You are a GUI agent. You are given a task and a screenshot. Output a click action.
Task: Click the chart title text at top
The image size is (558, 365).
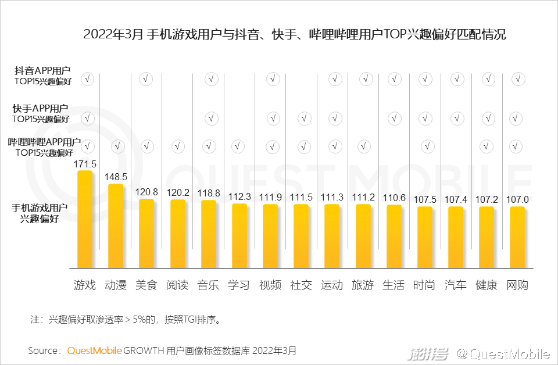(294, 34)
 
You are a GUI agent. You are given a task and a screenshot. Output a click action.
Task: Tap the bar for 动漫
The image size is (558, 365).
(116, 226)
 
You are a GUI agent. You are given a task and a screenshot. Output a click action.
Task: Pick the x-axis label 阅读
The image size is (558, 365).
(177, 285)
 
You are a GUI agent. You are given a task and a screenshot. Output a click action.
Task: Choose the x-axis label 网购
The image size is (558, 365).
(517, 285)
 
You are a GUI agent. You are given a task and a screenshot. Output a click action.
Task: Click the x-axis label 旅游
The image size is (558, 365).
(363, 285)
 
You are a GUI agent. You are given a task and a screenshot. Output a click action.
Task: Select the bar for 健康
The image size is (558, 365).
(487, 237)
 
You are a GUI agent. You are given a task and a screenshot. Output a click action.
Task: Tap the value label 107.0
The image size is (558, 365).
(517, 200)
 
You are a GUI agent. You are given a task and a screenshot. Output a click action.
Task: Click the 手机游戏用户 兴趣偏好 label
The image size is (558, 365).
(40, 213)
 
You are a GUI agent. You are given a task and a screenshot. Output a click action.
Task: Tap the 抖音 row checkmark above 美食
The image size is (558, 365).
(146, 80)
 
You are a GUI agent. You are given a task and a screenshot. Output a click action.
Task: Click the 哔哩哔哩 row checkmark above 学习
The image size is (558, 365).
(239, 146)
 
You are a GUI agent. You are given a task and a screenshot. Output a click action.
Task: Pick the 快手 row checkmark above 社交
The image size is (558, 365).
(301, 119)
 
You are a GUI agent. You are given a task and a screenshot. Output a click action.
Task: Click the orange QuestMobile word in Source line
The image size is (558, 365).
(94, 350)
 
